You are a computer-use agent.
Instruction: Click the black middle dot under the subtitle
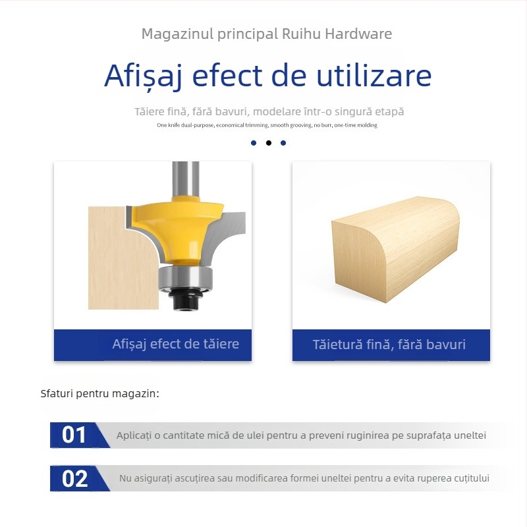click(x=269, y=143)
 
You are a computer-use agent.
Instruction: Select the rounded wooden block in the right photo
click(x=395, y=247)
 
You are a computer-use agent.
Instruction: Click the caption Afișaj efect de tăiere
click(x=175, y=345)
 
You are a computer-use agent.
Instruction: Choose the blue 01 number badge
click(x=76, y=435)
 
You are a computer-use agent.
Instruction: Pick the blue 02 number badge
click(x=76, y=479)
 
